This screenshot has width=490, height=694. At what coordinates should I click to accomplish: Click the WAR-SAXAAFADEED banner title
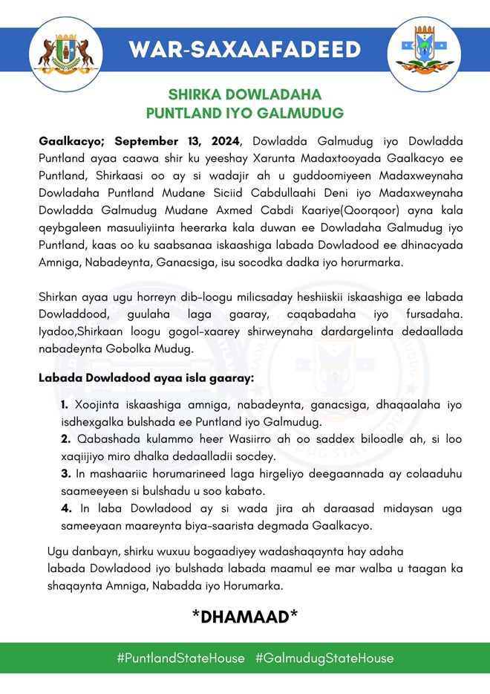244,50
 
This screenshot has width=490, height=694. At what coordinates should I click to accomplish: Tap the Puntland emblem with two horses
65,52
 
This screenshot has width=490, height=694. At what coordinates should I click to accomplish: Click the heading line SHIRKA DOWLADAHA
244,95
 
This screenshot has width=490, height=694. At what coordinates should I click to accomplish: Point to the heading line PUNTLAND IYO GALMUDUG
244,114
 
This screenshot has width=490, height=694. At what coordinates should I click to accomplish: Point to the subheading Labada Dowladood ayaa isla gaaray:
146,378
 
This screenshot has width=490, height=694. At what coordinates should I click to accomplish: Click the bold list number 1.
65,405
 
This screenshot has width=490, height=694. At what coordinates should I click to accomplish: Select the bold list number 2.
65,439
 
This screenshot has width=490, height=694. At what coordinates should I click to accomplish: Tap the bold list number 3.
65,473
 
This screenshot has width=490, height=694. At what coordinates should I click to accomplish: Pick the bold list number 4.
65,507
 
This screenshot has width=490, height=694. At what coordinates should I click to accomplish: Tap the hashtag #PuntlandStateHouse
180,658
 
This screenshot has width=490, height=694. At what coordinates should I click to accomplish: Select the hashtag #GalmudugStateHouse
324,658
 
